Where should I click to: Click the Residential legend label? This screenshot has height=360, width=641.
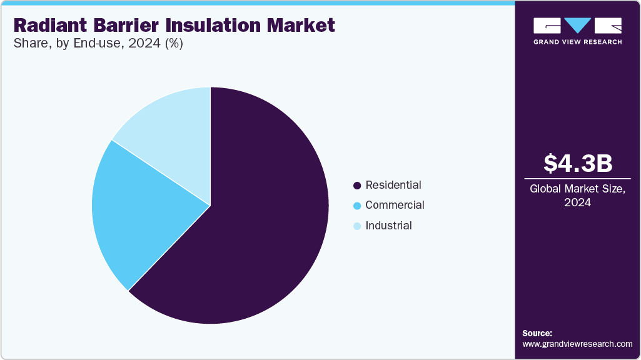point(393,185)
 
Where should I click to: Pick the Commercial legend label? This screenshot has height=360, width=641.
point(395,205)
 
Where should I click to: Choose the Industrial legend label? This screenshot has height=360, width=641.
point(388,226)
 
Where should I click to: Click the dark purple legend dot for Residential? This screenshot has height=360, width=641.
point(357,186)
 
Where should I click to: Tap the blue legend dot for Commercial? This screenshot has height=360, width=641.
point(357,206)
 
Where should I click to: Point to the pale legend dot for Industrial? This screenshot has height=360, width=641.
point(357,226)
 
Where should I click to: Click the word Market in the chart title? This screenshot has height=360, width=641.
point(301,25)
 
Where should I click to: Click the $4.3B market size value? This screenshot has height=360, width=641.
point(577,163)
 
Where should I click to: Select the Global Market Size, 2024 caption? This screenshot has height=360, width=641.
point(577,196)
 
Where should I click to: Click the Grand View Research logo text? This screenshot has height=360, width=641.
point(577,42)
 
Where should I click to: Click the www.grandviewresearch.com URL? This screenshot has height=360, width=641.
point(577,344)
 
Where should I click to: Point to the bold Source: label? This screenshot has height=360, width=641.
point(537,333)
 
